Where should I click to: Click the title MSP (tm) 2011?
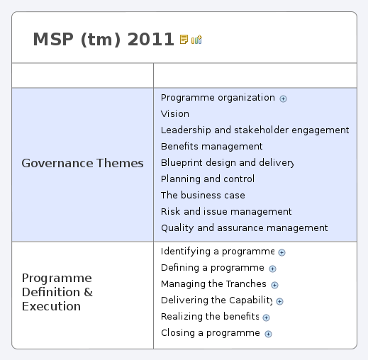click(104, 40)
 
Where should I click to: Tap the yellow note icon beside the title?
click(184, 40)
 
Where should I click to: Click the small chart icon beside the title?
click(196, 40)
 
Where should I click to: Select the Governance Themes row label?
click(82, 163)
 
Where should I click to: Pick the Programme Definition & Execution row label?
click(57, 292)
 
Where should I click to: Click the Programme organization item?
click(218, 98)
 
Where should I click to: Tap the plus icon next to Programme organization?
click(283, 99)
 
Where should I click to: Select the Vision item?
click(175, 113)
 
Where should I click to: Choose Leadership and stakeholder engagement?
click(255, 130)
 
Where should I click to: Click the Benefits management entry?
click(211, 146)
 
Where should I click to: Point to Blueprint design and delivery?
click(227, 162)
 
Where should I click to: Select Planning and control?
click(208, 179)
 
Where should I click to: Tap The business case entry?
click(203, 195)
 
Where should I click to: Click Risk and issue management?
click(226, 211)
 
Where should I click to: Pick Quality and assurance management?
click(244, 227)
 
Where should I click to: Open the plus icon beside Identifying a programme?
click(281, 252)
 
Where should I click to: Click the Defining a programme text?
click(213, 268)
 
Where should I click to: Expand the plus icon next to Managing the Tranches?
click(274, 285)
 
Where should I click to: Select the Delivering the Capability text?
click(217, 300)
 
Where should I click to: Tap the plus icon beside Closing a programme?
click(268, 334)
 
